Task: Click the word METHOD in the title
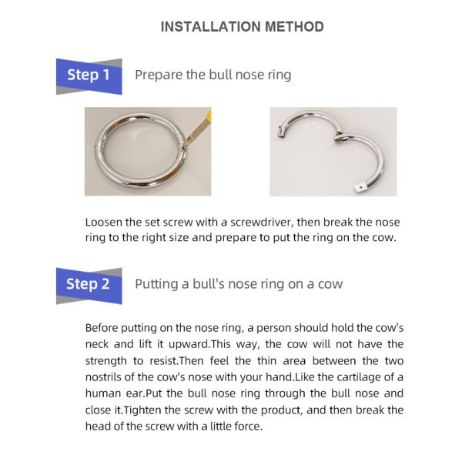click(x=293, y=27)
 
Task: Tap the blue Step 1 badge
click(x=89, y=75)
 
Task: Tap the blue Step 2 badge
click(x=89, y=284)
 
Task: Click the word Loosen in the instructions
click(x=105, y=222)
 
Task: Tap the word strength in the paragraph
click(x=108, y=360)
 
